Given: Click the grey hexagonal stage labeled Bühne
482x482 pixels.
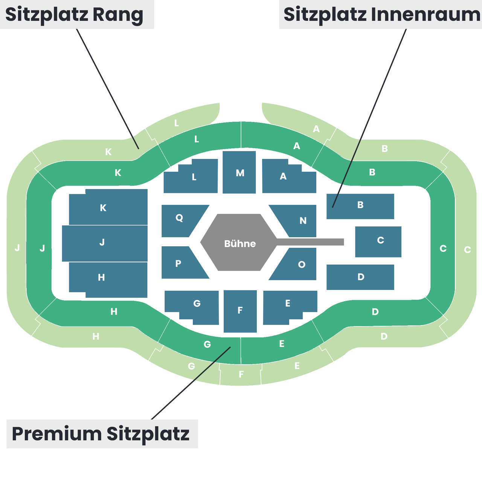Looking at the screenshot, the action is pos(239,242).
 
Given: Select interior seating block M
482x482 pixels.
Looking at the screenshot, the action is pos(239,172).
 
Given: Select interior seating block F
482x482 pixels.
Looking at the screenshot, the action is pos(240,311).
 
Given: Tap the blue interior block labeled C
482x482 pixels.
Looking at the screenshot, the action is pos(378,242).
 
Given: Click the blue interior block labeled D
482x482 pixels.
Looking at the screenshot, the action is pos(360,277).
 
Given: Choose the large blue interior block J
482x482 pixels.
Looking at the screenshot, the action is pos(105,243).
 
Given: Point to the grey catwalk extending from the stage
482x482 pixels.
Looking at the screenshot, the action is pos(310,242).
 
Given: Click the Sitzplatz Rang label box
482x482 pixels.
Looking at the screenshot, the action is pos(77,14).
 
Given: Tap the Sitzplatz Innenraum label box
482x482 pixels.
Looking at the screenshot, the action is pos(380,14).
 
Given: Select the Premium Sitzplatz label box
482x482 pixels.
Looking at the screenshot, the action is pos(102,434).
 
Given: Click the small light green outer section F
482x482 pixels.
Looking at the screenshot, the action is pos(241,374).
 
